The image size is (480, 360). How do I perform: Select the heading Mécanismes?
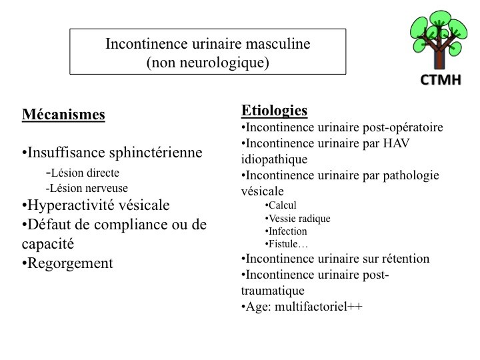tap(63, 115)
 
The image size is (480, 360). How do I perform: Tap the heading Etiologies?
tap(274, 110)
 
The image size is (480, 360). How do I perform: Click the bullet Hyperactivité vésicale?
tap(96, 205)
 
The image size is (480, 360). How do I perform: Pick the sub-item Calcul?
tap(281, 205)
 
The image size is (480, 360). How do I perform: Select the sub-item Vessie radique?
tap(297, 218)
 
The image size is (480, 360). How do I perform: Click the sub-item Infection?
tap(287, 231)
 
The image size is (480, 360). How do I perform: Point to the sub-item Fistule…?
tap(286, 244)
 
